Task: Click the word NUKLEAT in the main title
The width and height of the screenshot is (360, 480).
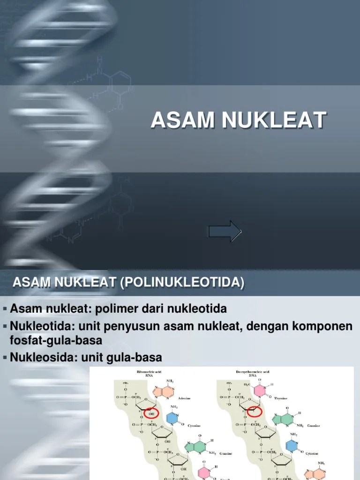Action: [x=273, y=120]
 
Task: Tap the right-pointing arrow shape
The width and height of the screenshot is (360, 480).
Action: [x=225, y=232]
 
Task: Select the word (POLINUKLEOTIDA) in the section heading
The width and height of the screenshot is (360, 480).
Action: [x=182, y=283]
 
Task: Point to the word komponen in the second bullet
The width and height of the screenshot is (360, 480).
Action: [x=322, y=326]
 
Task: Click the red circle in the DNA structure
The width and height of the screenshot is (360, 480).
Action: [x=254, y=412]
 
